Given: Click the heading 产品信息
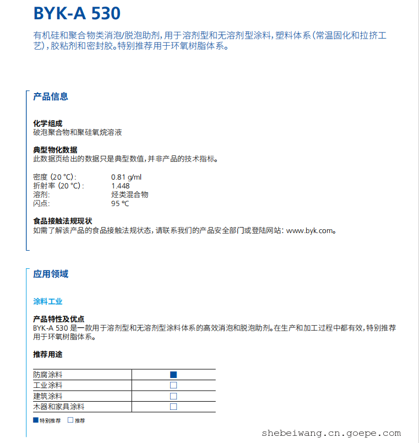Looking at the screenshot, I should pos(51,96).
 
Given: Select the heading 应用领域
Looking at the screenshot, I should pos(51,274).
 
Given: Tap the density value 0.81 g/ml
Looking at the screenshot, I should pos(126,177).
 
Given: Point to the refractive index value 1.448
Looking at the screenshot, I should pos(121,186).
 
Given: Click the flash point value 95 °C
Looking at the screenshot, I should pos(120,203).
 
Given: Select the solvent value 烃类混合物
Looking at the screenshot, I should pos(129,195).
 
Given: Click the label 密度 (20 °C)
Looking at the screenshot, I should pos(55,177).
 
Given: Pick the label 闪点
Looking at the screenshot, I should pos(41,203).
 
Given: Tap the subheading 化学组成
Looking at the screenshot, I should pos(47,123).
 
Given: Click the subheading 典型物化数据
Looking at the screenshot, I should pos(55,150).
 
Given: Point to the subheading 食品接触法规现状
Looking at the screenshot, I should pos(62,221).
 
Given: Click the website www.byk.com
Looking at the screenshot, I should pos(310,231).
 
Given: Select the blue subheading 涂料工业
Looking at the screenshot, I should pos(48,301).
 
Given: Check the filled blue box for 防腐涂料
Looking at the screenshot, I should pos(173,375).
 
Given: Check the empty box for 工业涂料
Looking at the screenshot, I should pos(173,385).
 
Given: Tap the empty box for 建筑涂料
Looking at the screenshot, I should pos(173,396).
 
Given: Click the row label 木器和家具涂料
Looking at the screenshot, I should pos(59,407).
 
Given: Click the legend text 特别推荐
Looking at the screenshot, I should pos(50,420).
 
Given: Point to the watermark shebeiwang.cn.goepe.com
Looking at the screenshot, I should pos(331,433).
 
